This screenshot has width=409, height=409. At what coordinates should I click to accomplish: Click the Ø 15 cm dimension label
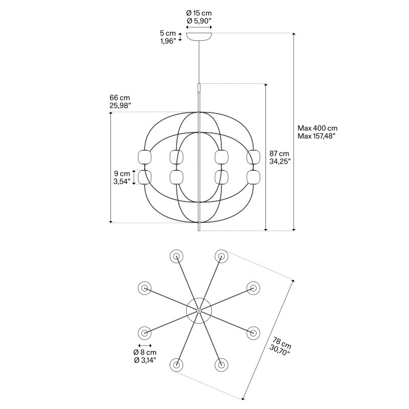199,13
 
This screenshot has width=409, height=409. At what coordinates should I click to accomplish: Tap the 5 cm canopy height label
168,33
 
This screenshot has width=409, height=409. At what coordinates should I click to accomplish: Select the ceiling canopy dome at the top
199,36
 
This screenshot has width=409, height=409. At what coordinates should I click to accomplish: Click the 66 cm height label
120,98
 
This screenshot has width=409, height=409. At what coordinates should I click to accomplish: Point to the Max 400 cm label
317,128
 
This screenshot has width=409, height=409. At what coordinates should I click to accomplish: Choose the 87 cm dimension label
279,154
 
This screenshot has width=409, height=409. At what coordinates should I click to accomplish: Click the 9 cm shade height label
122,173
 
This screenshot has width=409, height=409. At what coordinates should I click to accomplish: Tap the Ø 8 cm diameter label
145,352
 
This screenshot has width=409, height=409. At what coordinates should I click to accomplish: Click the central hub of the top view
199,311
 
